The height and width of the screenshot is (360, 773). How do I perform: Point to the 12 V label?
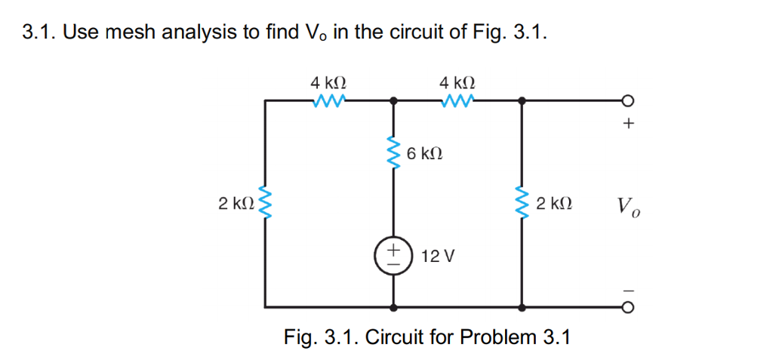click(438, 257)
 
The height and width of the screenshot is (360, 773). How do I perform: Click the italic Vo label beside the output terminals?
click(628, 205)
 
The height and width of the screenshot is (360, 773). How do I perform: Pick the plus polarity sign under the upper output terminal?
click(627, 125)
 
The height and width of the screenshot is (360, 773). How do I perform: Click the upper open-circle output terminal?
click(627, 100)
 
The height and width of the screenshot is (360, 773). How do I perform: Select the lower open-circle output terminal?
click(627, 308)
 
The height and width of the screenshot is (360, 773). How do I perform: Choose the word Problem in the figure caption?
click(500, 337)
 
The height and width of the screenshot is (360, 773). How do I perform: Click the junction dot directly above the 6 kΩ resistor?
click(393, 100)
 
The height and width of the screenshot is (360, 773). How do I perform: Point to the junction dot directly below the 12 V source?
click(393, 308)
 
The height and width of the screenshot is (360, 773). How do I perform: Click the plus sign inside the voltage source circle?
click(393, 248)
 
